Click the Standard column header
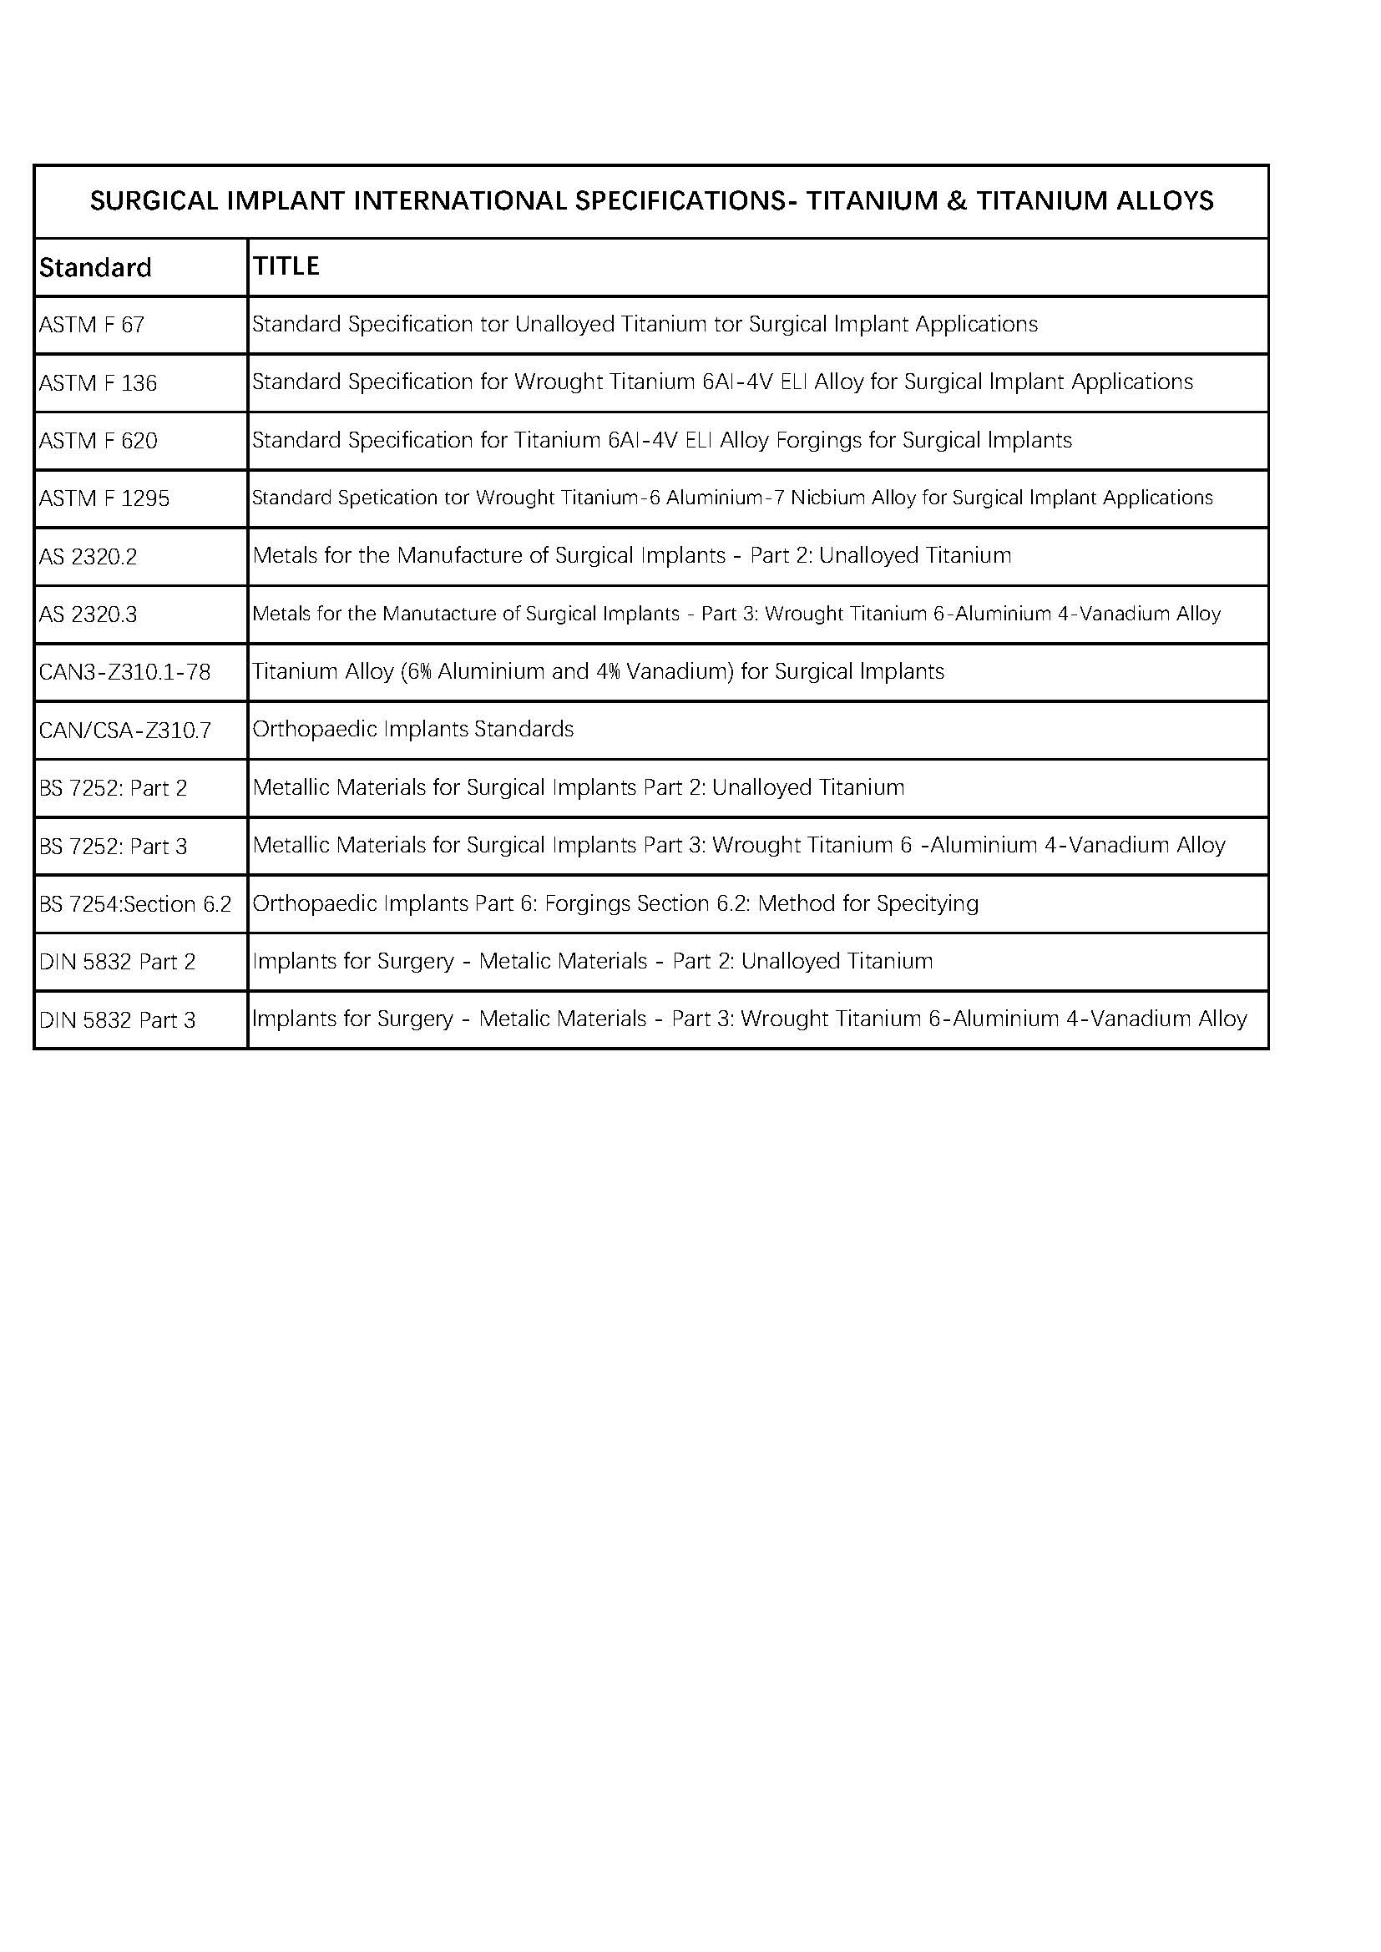coord(95,268)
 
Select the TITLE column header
coord(286,266)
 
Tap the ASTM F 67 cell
coord(92,325)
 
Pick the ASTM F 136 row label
coord(98,383)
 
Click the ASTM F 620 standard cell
coord(98,441)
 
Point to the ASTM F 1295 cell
coord(104,499)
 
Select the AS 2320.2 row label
coord(88,557)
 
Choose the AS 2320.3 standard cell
coord(88,614)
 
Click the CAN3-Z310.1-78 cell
coord(124,672)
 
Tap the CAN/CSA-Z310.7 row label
coord(125,731)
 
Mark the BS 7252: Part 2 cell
coord(112,788)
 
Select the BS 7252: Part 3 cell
coord(112,847)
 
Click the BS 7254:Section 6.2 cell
coord(134,904)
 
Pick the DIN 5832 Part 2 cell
coord(117,963)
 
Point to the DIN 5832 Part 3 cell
coord(117,1020)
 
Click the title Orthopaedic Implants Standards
coord(413,730)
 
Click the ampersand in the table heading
coord(956,201)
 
